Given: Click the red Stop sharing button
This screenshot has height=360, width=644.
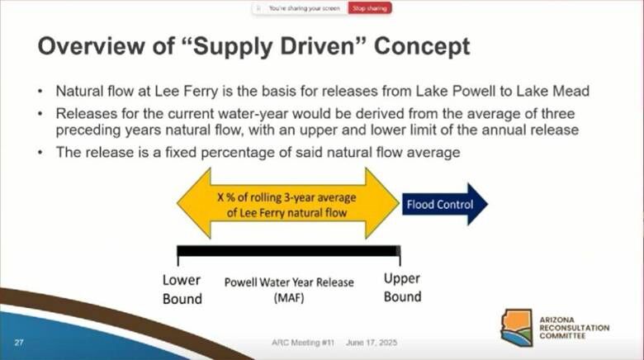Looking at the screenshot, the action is coord(370,8).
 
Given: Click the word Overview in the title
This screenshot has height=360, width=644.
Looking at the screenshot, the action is coord(91,45).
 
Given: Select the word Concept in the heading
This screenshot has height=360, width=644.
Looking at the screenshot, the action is coord(422,47).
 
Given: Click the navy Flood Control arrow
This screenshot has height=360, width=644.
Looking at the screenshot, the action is coord(445,204).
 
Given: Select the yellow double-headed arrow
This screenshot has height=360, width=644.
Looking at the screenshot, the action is coord(288,203).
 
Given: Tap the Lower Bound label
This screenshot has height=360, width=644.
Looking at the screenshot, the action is coord(182,289).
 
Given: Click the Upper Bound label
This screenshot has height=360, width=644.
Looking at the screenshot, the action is coord(403,287).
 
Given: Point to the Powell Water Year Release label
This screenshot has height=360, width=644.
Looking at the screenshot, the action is coord(289,282).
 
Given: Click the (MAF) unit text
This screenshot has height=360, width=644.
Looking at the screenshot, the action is coord(289,297).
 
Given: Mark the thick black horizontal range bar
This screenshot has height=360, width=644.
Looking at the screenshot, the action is coord(289,251).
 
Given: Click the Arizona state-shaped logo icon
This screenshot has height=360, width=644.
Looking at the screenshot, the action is coord(517,328).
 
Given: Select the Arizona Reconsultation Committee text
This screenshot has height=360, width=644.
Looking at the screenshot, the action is coord(574,328).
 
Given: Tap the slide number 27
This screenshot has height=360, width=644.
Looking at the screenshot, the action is coord(19,343).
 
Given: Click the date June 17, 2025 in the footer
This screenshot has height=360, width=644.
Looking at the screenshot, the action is coord(372,343).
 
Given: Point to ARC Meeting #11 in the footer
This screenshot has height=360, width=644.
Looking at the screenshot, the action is coord(303,343).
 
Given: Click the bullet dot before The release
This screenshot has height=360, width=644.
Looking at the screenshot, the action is coord(40,153).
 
